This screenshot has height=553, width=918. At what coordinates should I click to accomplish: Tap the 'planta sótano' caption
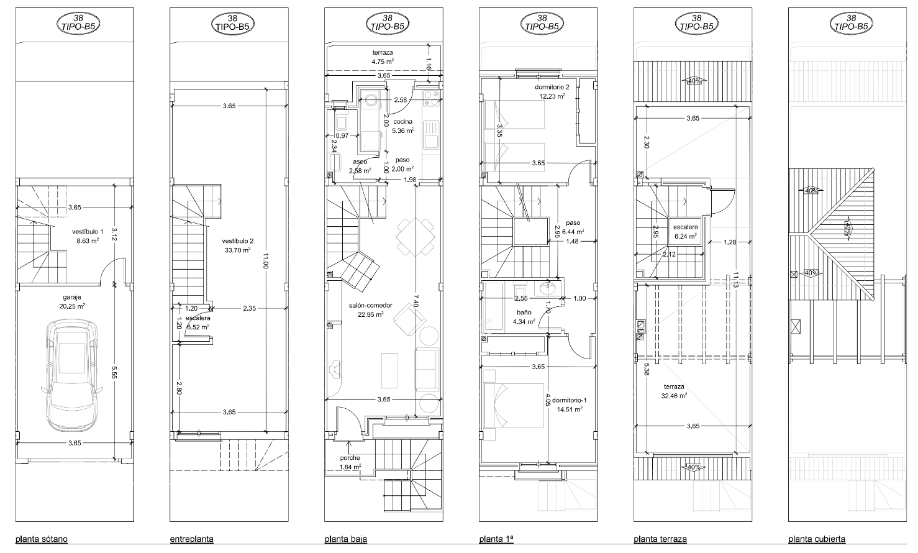42,539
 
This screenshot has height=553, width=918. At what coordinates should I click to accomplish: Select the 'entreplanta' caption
191,539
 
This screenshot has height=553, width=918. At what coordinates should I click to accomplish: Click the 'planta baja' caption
345,539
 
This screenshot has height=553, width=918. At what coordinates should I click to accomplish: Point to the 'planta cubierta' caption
817,539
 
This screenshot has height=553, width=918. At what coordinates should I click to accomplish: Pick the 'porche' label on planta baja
350,458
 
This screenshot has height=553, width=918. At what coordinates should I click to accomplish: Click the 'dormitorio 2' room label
552,87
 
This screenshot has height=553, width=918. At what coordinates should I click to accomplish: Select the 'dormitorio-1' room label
569,401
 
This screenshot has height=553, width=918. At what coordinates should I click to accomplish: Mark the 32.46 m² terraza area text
675,395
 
